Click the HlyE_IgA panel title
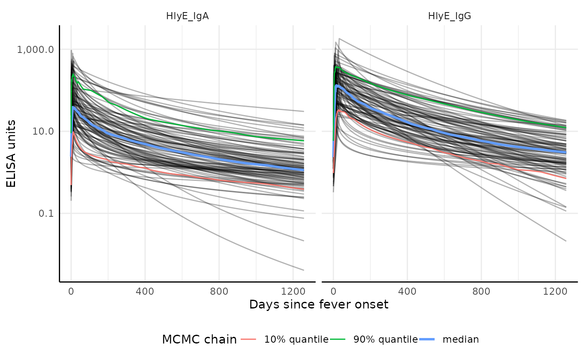point(187,17)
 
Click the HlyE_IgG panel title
point(449,17)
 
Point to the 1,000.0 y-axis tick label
point(35,50)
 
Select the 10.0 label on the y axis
point(43,132)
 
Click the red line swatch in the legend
point(248,339)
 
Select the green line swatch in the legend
point(337,339)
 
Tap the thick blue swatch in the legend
point(427,339)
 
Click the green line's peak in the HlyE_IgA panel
point(73,74)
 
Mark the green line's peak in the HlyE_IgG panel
point(336,66)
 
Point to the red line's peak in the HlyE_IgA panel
point(73,132)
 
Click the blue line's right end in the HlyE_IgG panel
point(566,153)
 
